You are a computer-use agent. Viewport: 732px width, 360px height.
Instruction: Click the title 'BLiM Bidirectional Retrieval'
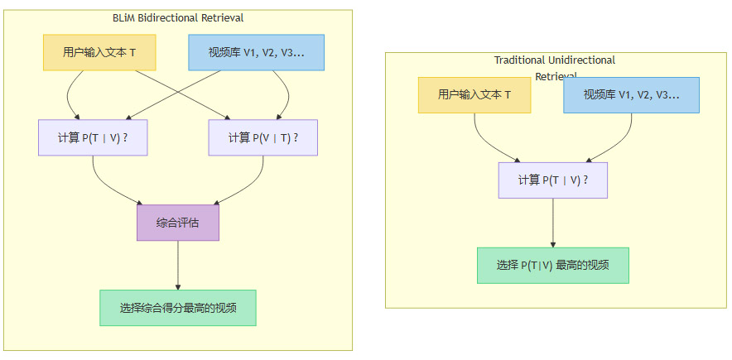tap(178, 17)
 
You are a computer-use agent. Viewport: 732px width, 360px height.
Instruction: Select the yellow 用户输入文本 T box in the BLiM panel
tap(99, 52)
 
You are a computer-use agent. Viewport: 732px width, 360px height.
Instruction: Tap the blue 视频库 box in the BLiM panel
tap(256, 52)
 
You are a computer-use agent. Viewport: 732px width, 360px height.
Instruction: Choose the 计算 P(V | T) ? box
tap(263, 137)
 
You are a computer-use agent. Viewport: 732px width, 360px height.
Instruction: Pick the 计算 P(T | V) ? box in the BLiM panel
tap(93, 137)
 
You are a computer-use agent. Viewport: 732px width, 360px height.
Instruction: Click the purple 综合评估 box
tap(177, 223)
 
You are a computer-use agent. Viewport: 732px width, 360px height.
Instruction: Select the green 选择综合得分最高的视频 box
tap(177, 308)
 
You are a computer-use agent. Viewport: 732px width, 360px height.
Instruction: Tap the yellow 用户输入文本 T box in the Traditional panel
tap(474, 94)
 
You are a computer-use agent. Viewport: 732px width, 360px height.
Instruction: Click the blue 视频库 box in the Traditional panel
tap(631, 94)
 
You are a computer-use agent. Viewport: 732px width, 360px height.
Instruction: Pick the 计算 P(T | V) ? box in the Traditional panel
tap(552, 180)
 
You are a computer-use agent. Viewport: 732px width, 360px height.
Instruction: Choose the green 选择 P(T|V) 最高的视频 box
tap(552, 265)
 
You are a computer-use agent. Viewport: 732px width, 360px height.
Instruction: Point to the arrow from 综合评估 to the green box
tap(177, 265)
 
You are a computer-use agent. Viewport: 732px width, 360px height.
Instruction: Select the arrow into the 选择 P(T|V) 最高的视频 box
tap(552, 223)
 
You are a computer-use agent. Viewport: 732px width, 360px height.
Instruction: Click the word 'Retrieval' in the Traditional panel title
tap(556, 76)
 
